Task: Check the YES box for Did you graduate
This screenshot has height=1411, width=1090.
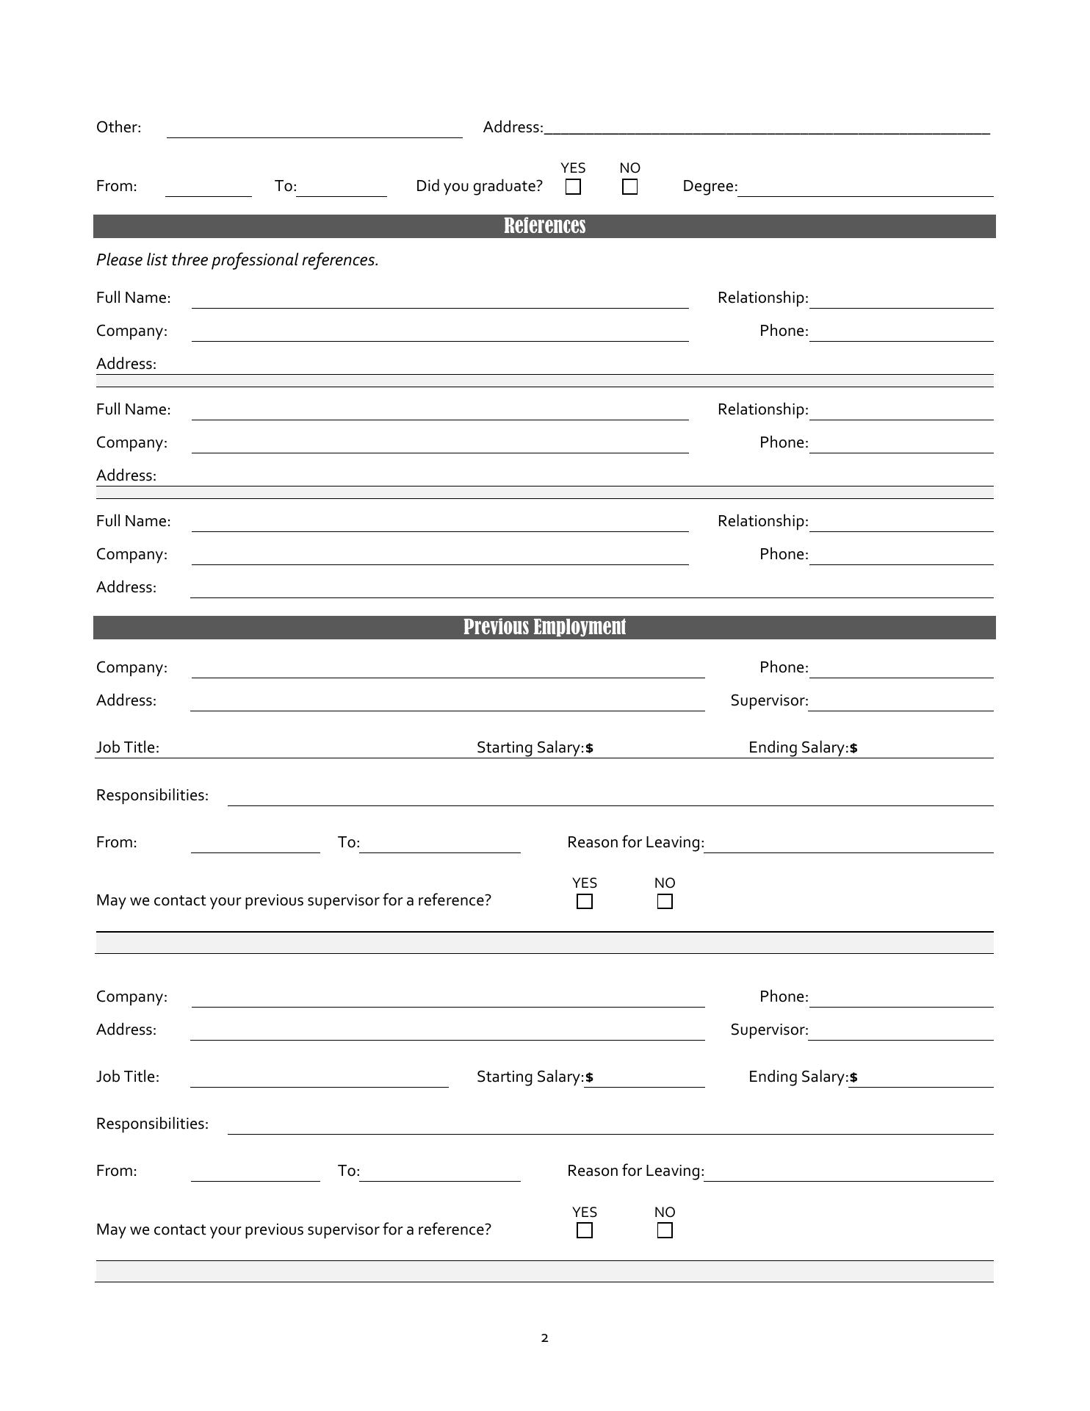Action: pyautogui.click(x=573, y=187)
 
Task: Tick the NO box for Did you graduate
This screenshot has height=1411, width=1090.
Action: pyautogui.click(x=629, y=187)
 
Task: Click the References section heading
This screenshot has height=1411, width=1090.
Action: pyautogui.click(x=544, y=226)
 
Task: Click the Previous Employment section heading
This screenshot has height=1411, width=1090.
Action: pyautogui.click(x=544, y=627)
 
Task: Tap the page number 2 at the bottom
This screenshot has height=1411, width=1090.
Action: pyautogui.click(x=544, y=1338)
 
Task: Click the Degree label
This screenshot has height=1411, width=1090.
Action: pyautogui.click(x=710, y=186)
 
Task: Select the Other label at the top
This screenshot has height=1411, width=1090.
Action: pyautogui.click(x=118, y=127)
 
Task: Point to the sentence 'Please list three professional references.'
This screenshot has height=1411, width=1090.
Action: pyautogui.click(x=237, y=260)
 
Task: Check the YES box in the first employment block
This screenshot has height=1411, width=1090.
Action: pyautogui.click(x=585, y=901)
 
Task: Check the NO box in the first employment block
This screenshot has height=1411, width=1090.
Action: pyautogui.click(x=665, y=901)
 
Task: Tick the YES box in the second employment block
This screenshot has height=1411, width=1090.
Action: pyautogui.click(x=585, y=1230)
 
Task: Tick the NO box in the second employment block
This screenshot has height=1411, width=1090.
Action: pyautogui.click(x=665, y=1230)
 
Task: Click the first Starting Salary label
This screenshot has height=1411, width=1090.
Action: pyautogui.click(x=530, y=747)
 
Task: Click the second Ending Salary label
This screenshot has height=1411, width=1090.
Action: pyautogui.click(x=798, y=1077)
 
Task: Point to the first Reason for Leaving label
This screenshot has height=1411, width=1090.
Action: pyautogui.click(x=635, y=842)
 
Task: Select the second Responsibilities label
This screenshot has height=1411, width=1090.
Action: pyautogui.click(x=152, y=1124)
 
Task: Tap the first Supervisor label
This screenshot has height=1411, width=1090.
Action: pyautogui.click(x=769, y=700)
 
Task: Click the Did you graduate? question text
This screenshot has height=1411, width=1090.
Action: pyautogui.click(x=479, y=186)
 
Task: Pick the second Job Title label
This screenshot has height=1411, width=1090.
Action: pyautogui.click(x=128, y=1077)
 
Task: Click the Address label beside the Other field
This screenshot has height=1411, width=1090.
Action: pyautogui.click(x=513, y=127)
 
